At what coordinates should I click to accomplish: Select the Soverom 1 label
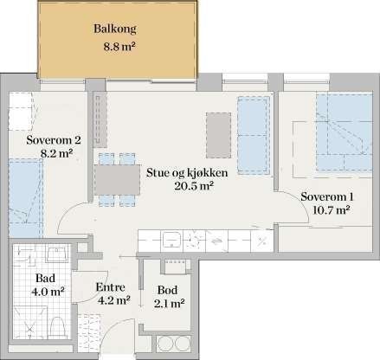click(x=325, y=196)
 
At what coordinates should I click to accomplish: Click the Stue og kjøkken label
click(x=188, y=171)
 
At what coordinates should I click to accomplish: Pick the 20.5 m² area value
click(x=188, y=185)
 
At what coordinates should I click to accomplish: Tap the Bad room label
click(x=36, y=279)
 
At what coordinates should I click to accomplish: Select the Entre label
click(x=113, y=287)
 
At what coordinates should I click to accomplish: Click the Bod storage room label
click(x=170, y=289)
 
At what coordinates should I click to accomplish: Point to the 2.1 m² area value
click(x=170, y=303)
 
